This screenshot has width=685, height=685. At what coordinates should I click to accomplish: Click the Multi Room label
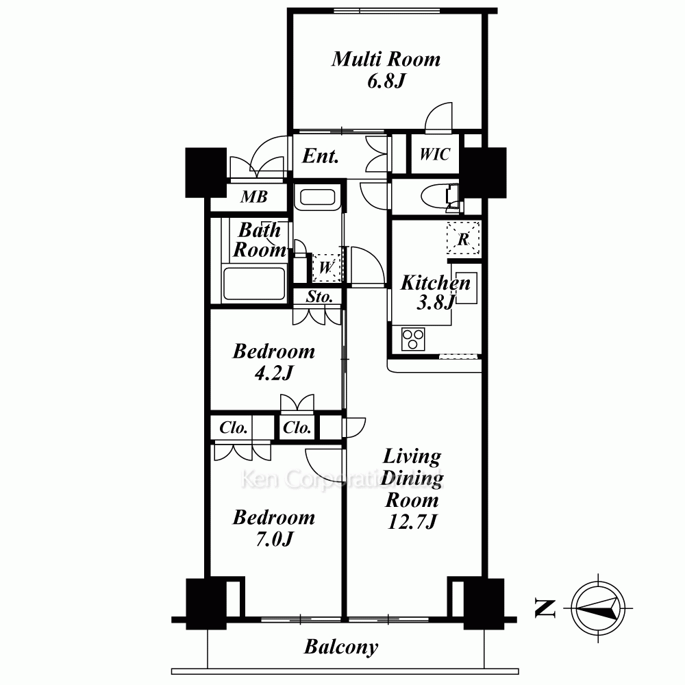[386, 60]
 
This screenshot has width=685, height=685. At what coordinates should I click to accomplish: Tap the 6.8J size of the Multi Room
[386, 82]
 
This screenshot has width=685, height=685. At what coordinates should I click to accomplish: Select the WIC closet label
[435, 154]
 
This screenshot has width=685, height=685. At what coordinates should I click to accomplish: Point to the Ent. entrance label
[320, 156]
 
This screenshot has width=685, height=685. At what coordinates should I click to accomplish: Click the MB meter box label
[254, 197]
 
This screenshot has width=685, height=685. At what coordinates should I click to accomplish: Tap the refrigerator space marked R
[463, 238]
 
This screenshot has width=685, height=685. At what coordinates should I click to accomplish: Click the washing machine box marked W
[326, 267]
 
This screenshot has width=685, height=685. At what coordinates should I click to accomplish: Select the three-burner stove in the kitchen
[413, 340]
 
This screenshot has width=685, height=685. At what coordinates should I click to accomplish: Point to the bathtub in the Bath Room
[254, 283]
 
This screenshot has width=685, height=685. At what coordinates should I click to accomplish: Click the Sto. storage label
[319, 297]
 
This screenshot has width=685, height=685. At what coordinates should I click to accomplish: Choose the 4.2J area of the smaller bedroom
[275, 373]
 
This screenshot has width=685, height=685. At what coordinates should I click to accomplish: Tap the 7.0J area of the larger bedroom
[275, 540]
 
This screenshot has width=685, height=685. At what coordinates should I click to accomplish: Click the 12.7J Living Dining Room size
[412, 521]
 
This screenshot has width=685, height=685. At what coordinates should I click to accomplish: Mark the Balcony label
[340, 647]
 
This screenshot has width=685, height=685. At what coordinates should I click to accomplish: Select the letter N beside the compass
[545, 608]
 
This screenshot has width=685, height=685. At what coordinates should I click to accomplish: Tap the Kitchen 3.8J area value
[436, 302]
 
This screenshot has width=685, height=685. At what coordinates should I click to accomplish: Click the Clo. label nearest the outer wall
[234, 427]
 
